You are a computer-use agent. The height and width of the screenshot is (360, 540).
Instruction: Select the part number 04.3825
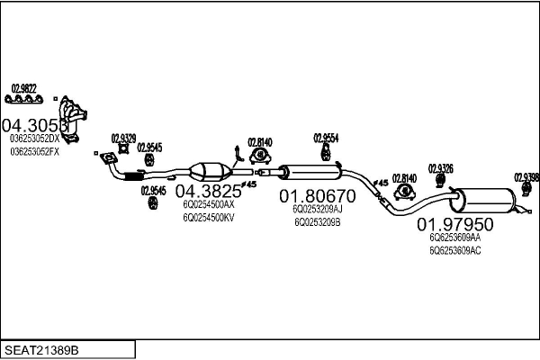pos(208,191)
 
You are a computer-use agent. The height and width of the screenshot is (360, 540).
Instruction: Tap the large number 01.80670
pos(317,195)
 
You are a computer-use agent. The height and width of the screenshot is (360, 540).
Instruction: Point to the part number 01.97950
pos(454,223)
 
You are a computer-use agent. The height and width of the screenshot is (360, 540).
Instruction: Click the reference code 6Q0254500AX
pos(209,205)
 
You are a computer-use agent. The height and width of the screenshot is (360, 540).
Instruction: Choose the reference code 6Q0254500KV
pos(209,217)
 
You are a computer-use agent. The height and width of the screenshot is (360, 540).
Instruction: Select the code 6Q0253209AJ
pos(317,209)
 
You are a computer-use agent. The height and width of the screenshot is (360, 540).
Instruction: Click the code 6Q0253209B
pos(317,221)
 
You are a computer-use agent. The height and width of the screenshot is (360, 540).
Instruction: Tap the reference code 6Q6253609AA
pos(455,238)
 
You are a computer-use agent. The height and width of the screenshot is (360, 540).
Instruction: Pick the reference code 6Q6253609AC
pos(455,250)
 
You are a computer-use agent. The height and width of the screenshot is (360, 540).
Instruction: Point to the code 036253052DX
pos(34,139)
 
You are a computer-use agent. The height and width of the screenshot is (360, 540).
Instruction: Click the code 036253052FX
pos(34,151)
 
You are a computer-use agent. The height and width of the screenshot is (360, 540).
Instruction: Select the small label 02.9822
pos(23,87)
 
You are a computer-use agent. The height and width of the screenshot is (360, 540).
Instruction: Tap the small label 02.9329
pos(123,138)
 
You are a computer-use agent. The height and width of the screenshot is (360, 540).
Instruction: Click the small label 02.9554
pos(326,138)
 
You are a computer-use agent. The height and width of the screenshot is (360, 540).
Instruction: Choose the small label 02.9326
pos(440,168)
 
